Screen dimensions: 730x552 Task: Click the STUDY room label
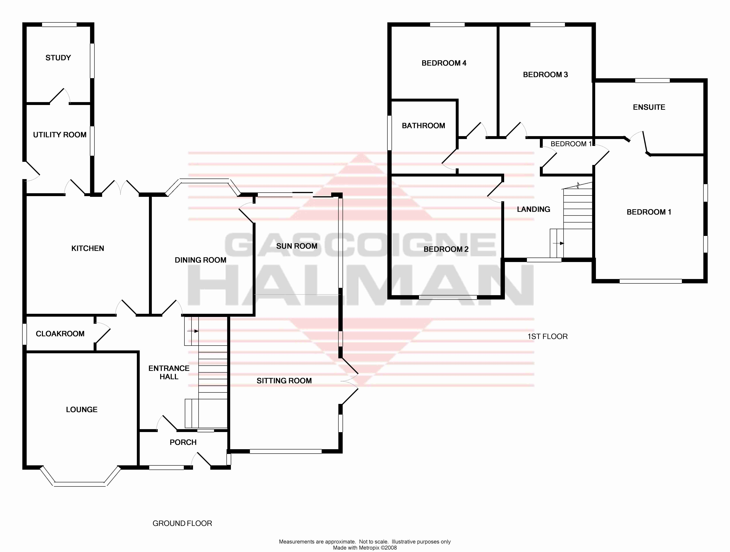point(58,58)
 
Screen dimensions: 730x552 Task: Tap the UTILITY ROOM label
point(60,135)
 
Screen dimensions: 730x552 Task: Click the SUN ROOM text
point(297,246)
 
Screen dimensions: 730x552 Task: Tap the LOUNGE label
point(82,410)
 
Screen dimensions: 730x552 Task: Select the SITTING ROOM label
point(284,381)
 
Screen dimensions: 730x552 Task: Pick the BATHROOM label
point(423,126)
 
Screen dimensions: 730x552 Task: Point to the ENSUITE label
point(649,107)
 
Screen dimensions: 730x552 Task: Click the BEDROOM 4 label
point(444,63)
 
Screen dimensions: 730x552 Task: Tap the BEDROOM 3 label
point(545,75)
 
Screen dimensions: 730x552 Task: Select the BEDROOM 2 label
point(446,249)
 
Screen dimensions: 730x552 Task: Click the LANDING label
point(533,209)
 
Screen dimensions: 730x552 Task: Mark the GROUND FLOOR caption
point(182,523)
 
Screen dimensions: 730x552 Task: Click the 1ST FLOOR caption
point(547,337)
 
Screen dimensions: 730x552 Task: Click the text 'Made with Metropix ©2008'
point(365,548)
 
